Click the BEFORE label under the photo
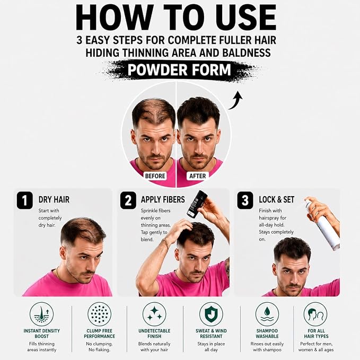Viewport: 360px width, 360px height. click(155, 176)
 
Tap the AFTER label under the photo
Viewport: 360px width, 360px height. click(197, 176)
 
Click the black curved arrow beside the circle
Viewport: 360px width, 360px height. click(236, 101)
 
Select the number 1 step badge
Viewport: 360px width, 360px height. click(25, 200)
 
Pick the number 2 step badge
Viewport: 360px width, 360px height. click(128, 200)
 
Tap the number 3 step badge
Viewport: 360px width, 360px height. click(245, 200)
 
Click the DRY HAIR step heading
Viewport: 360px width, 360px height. click(54, 199)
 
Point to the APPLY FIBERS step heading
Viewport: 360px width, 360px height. click(163, 199)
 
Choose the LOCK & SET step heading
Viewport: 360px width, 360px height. click(277, 199)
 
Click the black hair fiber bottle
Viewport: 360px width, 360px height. click(197, 204)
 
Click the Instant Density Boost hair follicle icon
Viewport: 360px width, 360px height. click(41, 314)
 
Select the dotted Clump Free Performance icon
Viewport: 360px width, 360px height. click(100, 314)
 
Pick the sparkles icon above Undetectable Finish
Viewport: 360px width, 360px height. click(154, 314)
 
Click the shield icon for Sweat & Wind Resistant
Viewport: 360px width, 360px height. click(211, 314)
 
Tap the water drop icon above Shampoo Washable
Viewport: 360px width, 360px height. click(267, 314)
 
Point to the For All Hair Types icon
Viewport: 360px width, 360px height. click(315, 314)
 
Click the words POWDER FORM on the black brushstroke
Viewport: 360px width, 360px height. click(179, 70)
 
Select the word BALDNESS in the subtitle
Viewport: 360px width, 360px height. click(247, 52)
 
